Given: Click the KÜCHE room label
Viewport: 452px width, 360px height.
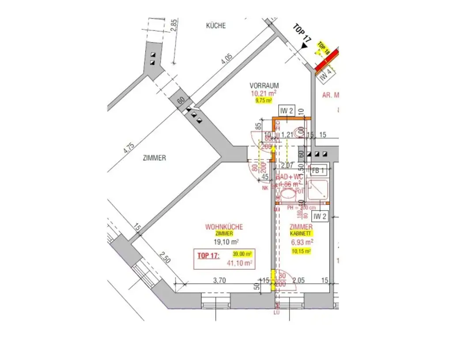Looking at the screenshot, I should tap(216, 26).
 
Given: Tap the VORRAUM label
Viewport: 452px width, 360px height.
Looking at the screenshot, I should tap(264, 85).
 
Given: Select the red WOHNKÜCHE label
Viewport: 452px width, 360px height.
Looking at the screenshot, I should tap(224, 227).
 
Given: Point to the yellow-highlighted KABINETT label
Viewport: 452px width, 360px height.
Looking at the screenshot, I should tap(301, 233).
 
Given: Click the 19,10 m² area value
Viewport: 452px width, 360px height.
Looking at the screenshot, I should tap(226, 242).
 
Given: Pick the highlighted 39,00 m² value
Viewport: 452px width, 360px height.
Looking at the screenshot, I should tap(242, 254).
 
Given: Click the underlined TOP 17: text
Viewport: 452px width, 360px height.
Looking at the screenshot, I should tap(209, 255).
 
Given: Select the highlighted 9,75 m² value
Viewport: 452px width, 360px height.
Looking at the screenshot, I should tap(264, 101).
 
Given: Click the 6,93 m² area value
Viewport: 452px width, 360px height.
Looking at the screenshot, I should tap(302, 242).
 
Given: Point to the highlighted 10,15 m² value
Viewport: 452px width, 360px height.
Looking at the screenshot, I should tap(301, 251).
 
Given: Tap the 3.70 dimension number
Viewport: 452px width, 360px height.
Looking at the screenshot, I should tap(220, 280).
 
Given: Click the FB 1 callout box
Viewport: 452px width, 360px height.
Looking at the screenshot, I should tap(318, 170).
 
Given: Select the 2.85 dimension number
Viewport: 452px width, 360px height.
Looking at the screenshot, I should tap(173, 27).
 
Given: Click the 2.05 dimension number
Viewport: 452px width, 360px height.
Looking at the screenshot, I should tap(299, 280).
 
